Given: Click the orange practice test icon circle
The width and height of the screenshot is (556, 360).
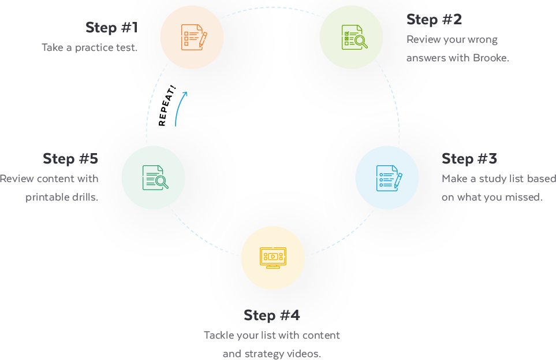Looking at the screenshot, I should click(x=192, y=37).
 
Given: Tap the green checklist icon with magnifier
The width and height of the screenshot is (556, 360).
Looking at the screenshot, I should click(x=351, y=37).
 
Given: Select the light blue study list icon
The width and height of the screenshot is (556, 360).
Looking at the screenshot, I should click(x=387, y=178).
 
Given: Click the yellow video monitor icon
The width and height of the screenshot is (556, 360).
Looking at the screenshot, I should click(x=273, y=258).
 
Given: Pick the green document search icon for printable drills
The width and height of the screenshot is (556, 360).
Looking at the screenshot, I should click(x=154, y=177).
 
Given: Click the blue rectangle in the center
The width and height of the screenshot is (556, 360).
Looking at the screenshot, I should click(x=279, y=154).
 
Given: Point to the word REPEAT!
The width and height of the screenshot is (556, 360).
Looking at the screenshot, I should click(x=167, y=109).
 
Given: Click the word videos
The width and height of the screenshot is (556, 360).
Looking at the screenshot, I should click(x=305, y=354).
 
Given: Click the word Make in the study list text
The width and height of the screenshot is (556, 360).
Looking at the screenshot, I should click(x=454, y=179).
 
